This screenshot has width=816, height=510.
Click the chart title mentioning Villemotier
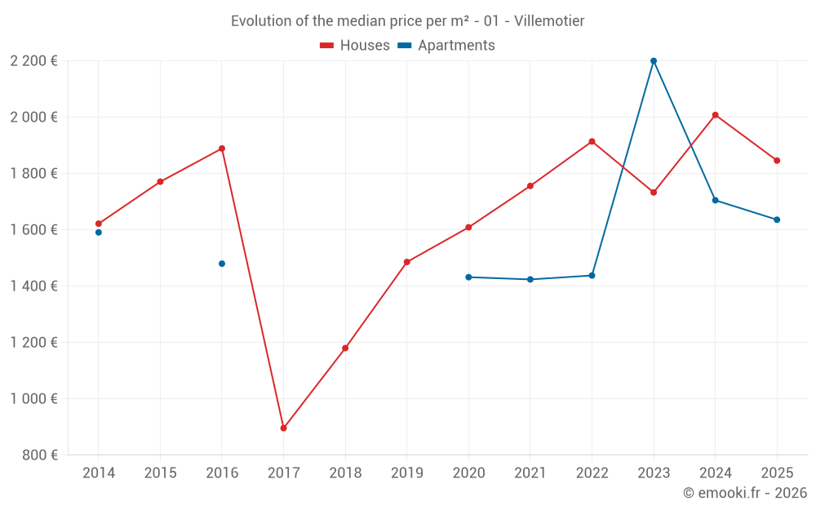[x=407, y=21]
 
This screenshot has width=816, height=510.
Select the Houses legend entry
[x=355, y=46]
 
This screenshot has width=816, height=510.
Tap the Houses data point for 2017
[x=283, y=428]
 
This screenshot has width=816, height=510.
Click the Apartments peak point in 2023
[x=654, y=60]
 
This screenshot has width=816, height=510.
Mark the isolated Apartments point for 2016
[x=222, y=264]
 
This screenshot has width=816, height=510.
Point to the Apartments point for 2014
[x=99, y=233]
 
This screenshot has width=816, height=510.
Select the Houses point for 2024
[x=716, y=115]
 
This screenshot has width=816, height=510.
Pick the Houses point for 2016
[x=222, y=149]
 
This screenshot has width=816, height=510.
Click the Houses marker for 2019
[x=407, y=262]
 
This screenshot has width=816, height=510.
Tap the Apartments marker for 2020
[x=468, y=277]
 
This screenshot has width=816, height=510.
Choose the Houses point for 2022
[x=592, y=141]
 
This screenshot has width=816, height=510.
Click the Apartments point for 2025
[x=777, y=220]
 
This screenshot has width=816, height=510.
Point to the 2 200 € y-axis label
[x=33, y=60]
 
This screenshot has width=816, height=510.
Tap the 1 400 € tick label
[x=33, y=286]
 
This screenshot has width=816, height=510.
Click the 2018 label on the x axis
[x=345, y=473]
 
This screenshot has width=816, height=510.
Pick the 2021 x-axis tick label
[x=530, y=473]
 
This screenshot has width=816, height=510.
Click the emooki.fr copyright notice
[x=744, y=493]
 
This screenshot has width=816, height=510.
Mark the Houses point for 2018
[x=345, y=348]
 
